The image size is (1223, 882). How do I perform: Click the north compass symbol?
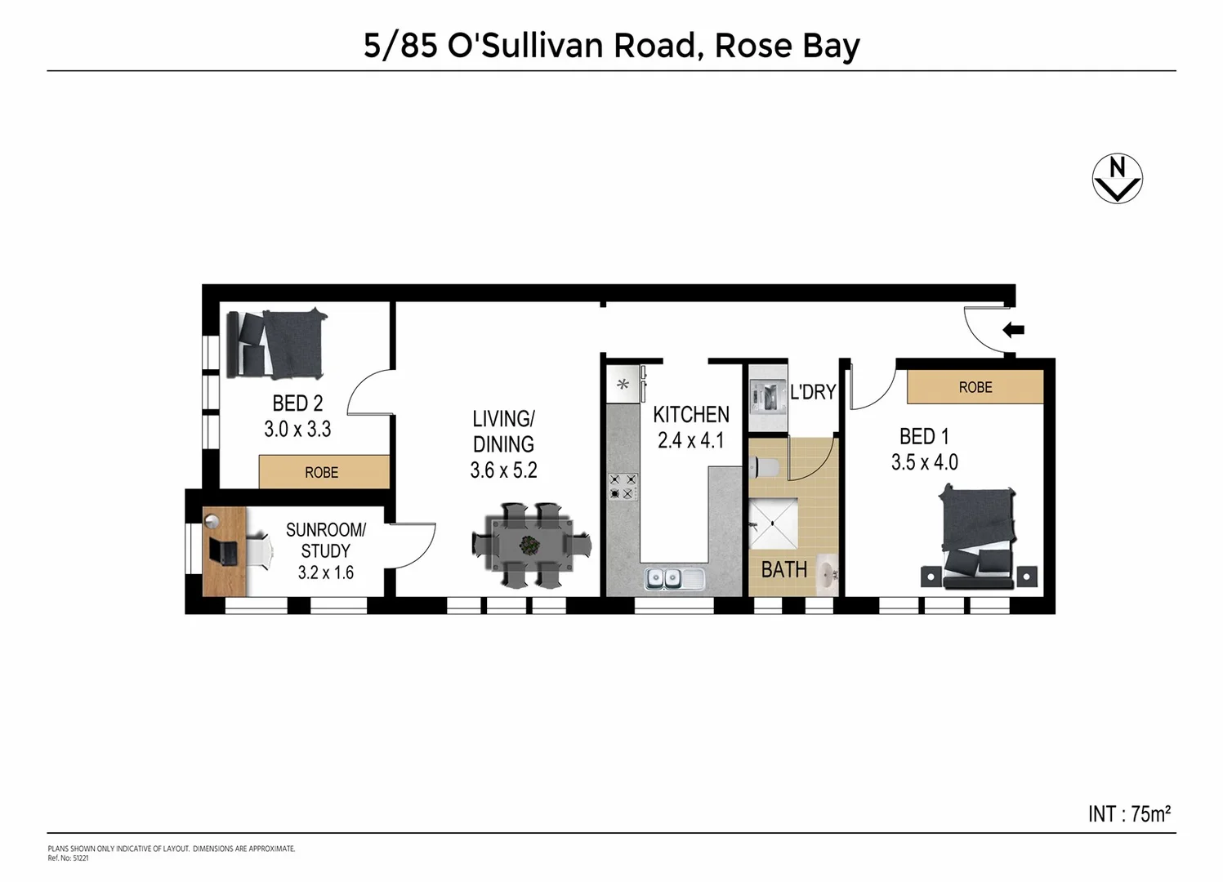(1117, 178)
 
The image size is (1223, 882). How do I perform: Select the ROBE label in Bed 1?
(975, 387)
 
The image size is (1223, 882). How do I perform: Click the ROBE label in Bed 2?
(322, 472)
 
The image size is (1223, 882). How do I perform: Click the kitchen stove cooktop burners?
(623, 487)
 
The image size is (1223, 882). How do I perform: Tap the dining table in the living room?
(531, 545)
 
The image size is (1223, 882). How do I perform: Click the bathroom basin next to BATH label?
(828, 572)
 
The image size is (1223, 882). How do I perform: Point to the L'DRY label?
(812, 392)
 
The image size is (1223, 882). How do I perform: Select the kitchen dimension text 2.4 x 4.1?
(690, 441)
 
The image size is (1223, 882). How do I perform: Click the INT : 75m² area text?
(1129, 813)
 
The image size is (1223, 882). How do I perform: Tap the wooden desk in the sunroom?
(224, 552)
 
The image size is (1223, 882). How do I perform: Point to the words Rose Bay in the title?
(787, 46)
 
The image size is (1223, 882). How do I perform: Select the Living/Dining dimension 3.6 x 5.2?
(503, 470)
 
